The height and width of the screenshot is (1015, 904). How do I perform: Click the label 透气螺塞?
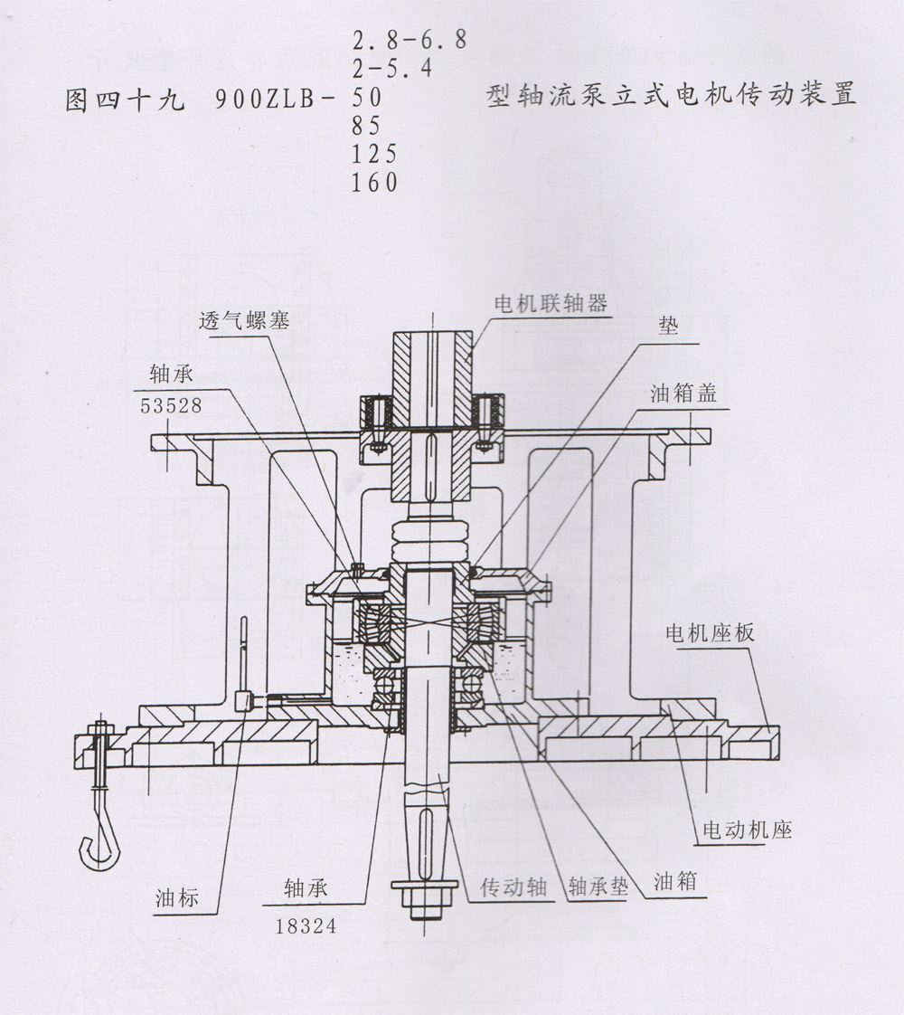tap(245, 320)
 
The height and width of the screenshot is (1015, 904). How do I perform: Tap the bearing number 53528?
tap(171, 407)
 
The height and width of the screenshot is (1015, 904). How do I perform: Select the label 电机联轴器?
tap(549, 303)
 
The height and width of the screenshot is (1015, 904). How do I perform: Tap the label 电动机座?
tap(747, 830)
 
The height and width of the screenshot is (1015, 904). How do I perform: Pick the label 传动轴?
tap(513, 887)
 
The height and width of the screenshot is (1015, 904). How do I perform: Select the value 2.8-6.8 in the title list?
tap(409, 40)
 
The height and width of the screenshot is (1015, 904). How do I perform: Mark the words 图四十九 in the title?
tap(125, 99)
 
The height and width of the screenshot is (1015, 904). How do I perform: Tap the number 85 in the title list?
tap(366, 125)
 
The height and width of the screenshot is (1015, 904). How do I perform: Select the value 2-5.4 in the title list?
tap(395, 68)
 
